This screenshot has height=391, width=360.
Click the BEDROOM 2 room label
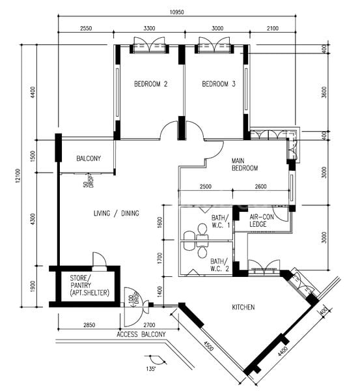[x=151, y=84]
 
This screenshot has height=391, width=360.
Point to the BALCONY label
[x=89, y=158]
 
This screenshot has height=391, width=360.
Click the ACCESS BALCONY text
[x=141, y=334]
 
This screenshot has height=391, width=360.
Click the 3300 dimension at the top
[x=149, y=29]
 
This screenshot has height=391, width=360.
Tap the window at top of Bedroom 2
[x=149, y=46]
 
